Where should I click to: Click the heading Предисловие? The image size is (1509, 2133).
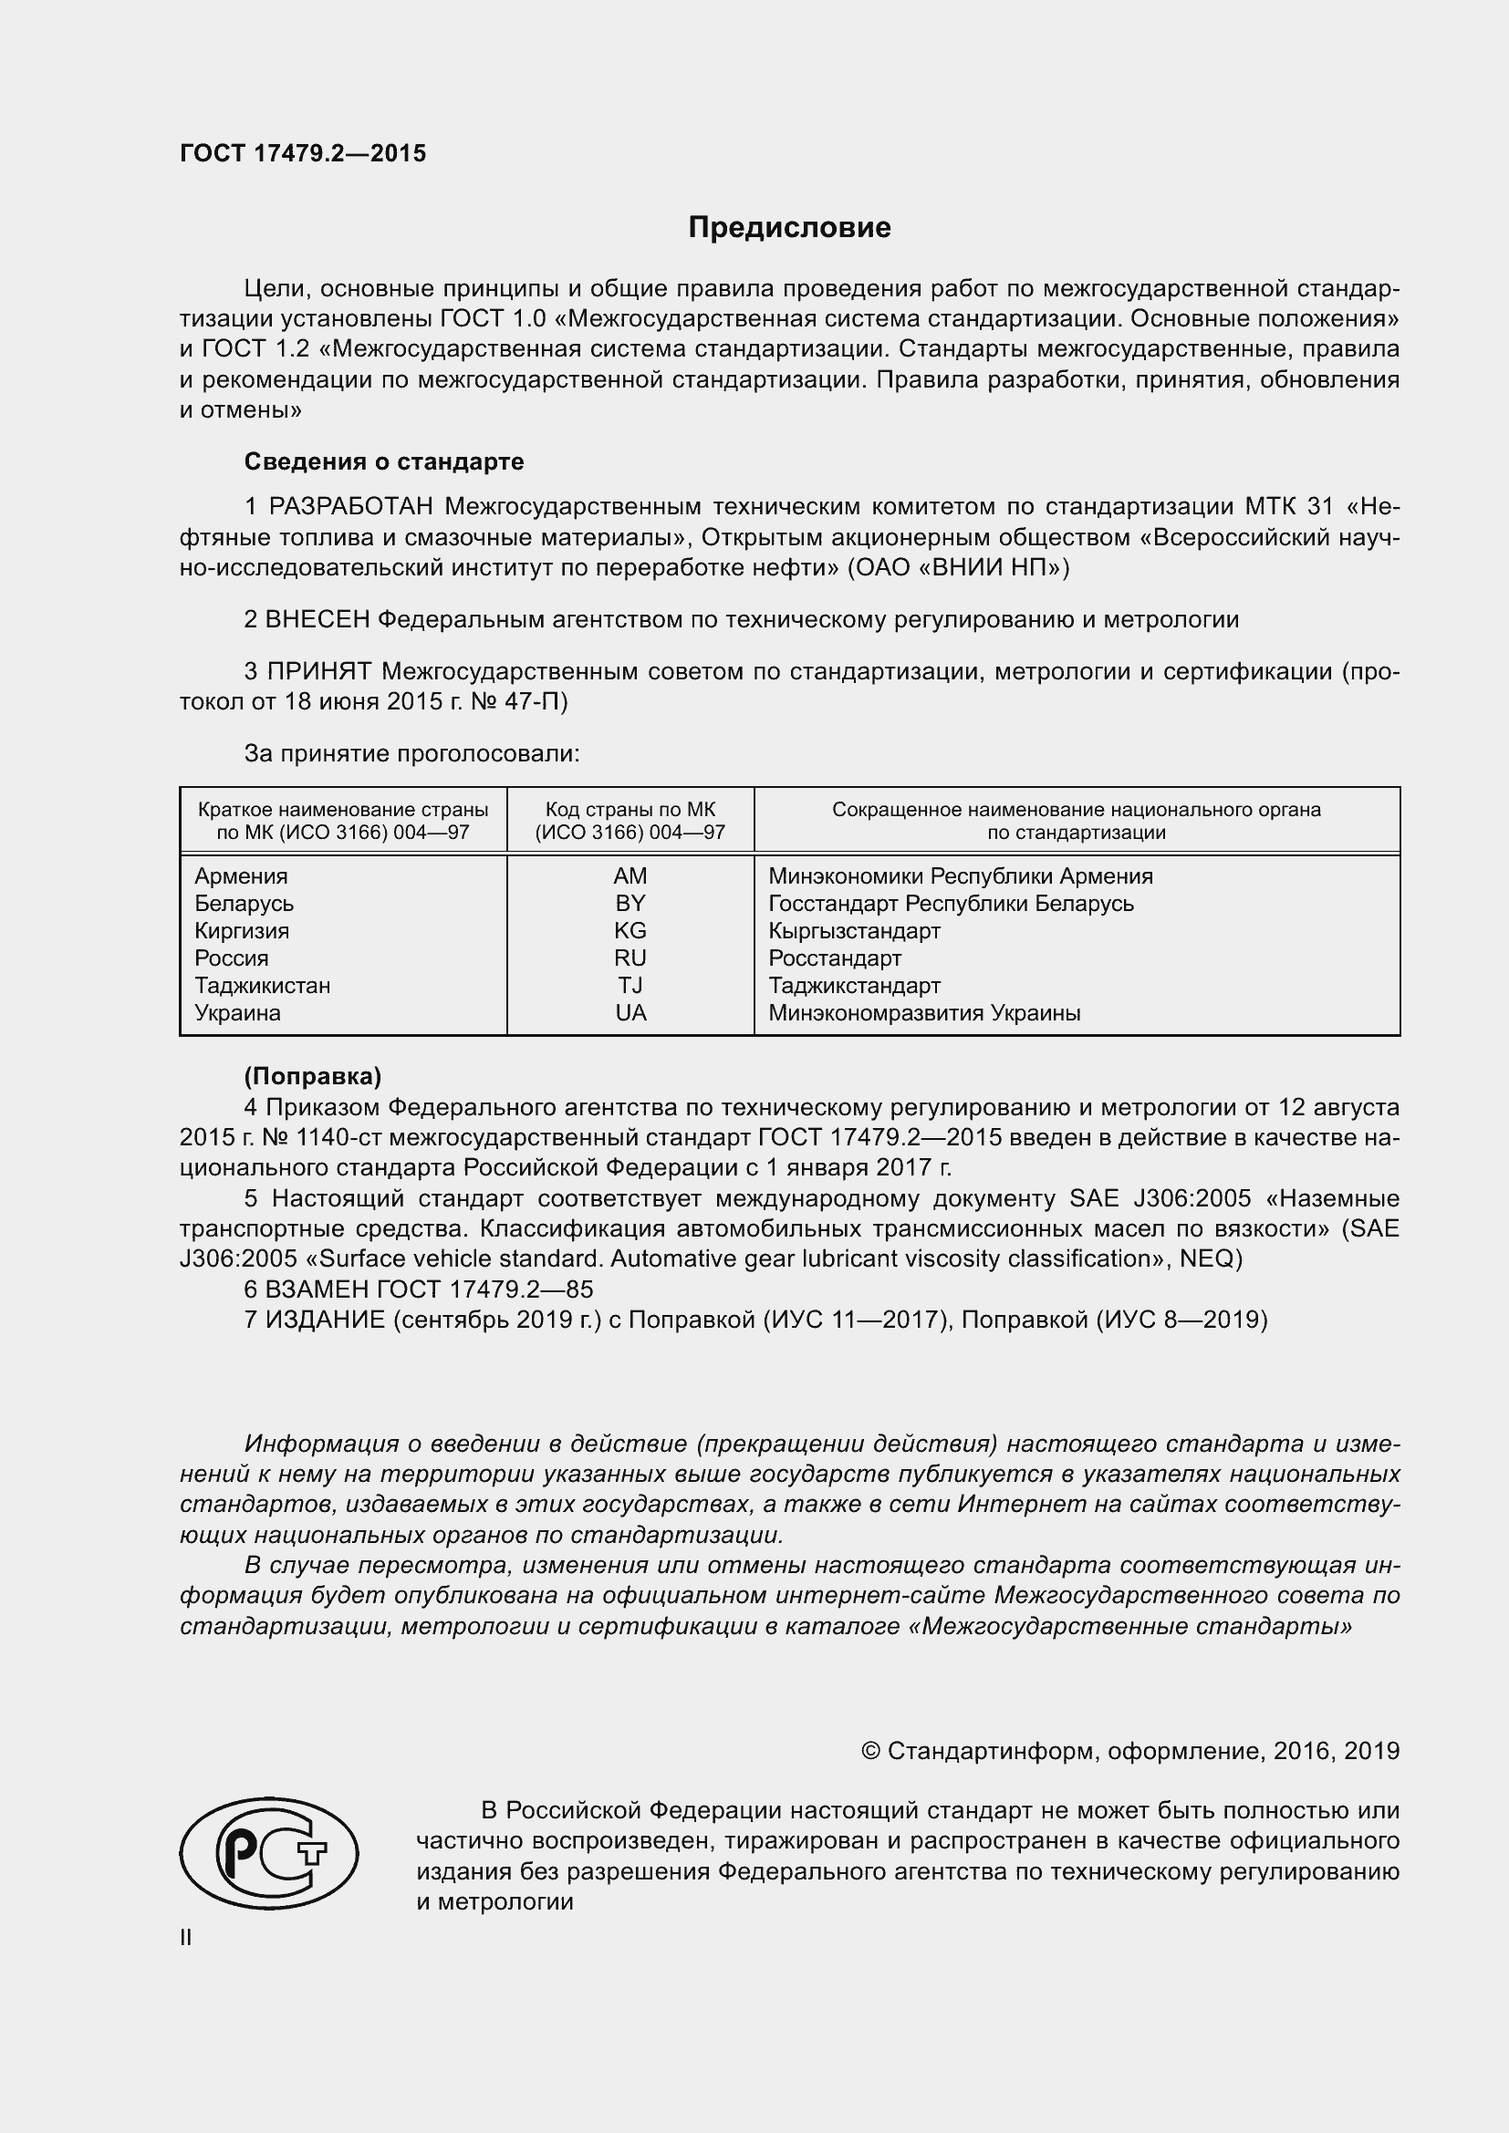tap(789, 228)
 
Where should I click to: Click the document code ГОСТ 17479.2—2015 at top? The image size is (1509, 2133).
tap(303, 153)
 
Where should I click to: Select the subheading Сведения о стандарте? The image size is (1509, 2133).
tap(384, 461)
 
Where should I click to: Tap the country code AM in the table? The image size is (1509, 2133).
tap(630, 876)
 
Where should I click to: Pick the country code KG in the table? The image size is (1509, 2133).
tap(630, 931)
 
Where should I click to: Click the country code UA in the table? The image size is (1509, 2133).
tap(630, 1012)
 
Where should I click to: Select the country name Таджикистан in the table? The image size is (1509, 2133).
tap(262, 986)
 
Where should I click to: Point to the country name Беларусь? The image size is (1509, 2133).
tap(244, 903)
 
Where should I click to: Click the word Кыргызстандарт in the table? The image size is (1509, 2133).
tap(854, 931)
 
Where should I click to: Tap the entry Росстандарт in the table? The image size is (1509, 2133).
tap(835, 958)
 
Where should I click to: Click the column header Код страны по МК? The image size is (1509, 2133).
tap(630, 809)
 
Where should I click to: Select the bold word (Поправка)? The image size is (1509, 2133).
tap(312, 1077)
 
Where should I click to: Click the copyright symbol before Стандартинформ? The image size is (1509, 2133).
tap(870, 1751)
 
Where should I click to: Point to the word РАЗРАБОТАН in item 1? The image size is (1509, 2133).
tap(351, 506)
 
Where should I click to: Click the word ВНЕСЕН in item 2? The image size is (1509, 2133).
tap(317, 619)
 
